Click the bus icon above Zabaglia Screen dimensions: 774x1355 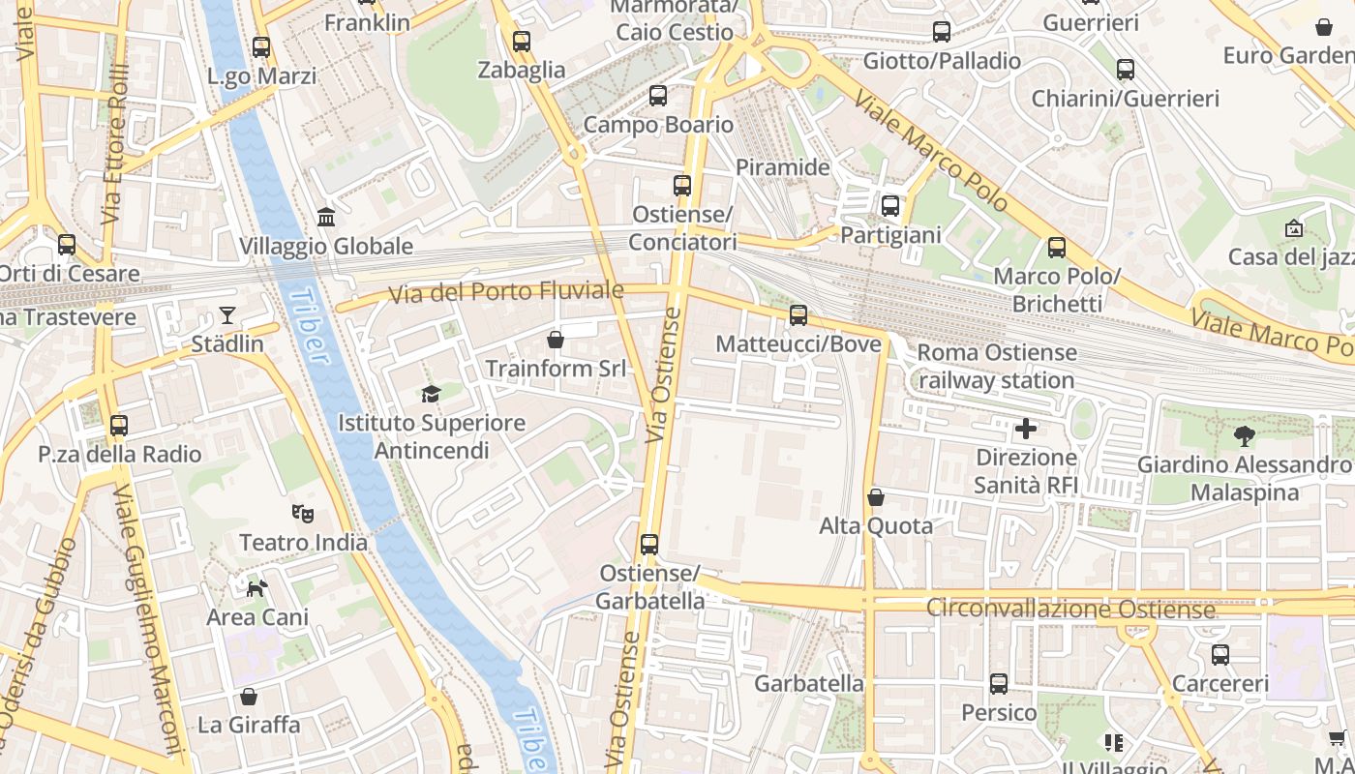(522, 42)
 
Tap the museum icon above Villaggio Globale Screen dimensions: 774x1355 (326, 218)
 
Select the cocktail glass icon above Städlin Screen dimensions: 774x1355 (226, 315)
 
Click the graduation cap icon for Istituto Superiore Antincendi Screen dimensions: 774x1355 (431, 394)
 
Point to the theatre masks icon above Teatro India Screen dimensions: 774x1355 (303, 514)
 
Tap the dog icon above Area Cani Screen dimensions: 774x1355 (256, 588)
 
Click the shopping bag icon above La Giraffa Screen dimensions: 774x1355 (249, 697)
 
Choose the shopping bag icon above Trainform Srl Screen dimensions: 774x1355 (556, 340)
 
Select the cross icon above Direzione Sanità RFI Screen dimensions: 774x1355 (1026, 428)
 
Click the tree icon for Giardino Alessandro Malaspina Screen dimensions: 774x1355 (1245, 435)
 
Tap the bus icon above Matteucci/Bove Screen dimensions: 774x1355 (798, 314)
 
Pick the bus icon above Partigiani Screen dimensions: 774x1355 (890, 206)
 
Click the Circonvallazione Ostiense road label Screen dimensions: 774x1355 (1070, 610)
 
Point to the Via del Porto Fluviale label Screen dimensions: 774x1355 (506, 290)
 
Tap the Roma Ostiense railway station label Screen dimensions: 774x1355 (996, 367)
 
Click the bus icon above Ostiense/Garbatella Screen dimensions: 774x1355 (649, 545)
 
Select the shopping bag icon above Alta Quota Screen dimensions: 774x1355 (876, 497)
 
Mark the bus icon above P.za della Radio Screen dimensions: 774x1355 (119, 426)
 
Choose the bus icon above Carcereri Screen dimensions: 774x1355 (1220, 655)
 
